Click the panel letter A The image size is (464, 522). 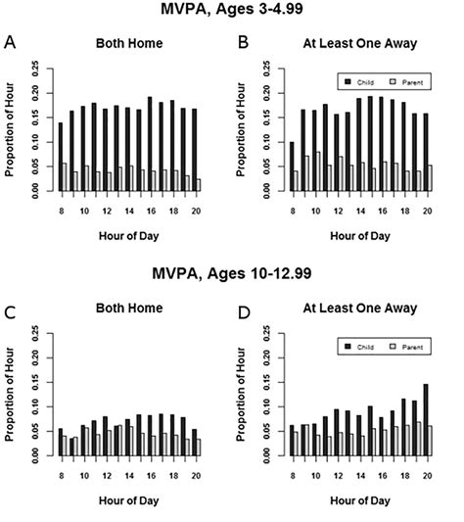coord(10,43)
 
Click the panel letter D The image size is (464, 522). coord(244,313)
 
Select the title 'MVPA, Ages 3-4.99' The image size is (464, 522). coord(232,9)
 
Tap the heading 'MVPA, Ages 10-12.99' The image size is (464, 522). coord(232,273)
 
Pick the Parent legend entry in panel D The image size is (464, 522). coord(406,347)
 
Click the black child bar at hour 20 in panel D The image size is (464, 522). coord(426,420)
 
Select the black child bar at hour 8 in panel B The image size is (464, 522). coord(292,166)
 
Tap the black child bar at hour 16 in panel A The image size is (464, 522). coord(150,144)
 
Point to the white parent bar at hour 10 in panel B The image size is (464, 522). coord(318,171)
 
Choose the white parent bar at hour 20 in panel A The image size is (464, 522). coord(199,185)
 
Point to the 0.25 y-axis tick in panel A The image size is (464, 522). coord(35,69)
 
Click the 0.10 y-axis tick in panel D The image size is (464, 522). coord(266,406)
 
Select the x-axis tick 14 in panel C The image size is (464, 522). coord(129,476)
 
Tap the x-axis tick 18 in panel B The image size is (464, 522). coord(405,212)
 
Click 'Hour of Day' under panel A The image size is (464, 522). coord(129,236)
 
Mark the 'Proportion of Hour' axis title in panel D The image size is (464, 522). coord(241,395)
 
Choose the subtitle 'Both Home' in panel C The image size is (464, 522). coord(129,308)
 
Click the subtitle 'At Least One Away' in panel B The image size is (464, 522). coord(360,43)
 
